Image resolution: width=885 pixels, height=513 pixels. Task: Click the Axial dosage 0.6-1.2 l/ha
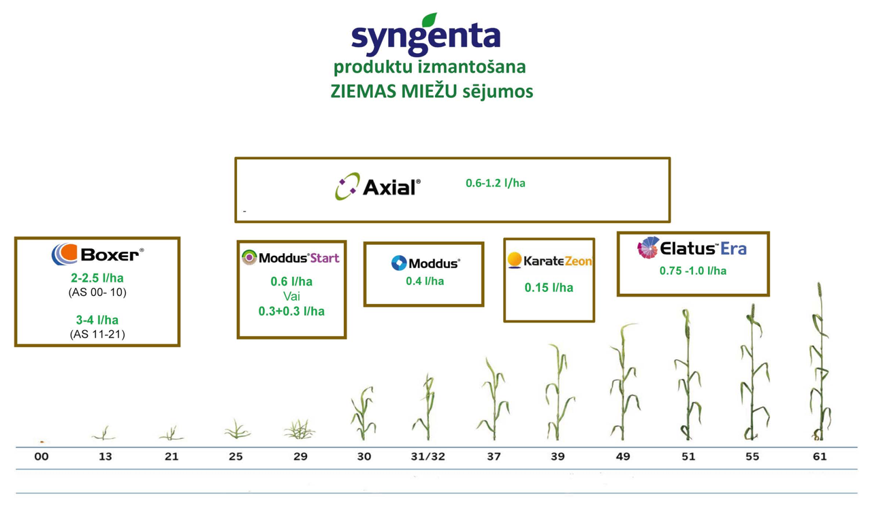click(x=496, y=183)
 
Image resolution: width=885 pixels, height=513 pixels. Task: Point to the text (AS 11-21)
click(x=97, y=334)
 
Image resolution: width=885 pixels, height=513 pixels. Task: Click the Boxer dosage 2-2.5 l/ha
click(x=97, y=278)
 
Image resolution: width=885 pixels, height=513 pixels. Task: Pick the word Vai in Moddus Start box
click(x=291, y=296)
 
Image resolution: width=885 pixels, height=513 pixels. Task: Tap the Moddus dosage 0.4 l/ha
click(x=425, y=281)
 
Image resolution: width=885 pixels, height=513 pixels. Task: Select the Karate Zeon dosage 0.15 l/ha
click(x=549, y=288)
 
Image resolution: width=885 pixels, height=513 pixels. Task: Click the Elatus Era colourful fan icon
click(x=648, y=248)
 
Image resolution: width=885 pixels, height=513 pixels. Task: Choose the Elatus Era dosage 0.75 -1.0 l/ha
click(x=693, y=271)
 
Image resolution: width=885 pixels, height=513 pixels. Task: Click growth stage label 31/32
click(x=428, y=457)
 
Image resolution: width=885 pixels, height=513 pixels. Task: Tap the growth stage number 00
click(x=42, y=457)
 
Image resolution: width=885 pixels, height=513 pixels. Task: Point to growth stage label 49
click(x=623, y=457)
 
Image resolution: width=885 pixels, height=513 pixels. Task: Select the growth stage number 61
click(x=820, y=457)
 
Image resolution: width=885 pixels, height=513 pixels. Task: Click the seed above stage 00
click(x=42, y=442)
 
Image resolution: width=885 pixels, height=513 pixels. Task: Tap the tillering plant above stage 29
click(x=300, y=429)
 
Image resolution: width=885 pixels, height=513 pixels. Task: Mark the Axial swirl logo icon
click(x=347, y=186)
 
